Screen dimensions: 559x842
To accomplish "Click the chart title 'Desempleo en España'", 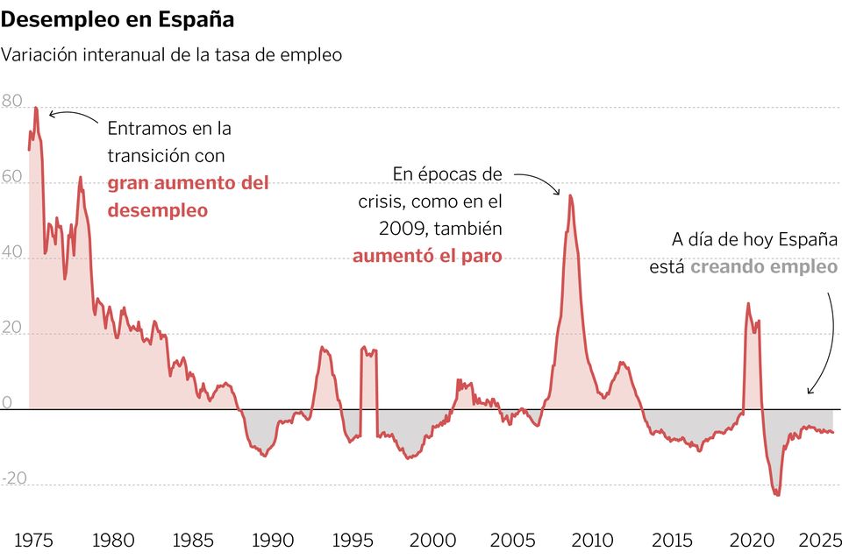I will click(118, 18).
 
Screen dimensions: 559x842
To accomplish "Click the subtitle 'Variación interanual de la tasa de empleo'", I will click(172, 54).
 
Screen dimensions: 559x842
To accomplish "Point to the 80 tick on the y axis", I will click(12, 102).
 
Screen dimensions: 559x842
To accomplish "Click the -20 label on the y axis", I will click(15, 478).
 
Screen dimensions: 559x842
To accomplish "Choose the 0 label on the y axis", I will click(7, 403).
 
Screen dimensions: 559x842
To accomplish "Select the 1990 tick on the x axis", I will click(272, 540).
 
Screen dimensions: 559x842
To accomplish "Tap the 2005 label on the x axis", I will click(512, 540).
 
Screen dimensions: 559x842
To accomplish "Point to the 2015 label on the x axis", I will click(672, 540).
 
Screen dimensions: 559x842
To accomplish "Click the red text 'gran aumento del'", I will click(188, 184).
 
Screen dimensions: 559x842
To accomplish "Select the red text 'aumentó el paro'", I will click(427, 256).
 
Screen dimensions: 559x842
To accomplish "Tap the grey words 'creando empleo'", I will click(764, 266).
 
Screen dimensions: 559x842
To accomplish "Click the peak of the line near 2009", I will click(571, 195).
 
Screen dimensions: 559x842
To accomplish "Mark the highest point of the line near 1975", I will click(36, 108).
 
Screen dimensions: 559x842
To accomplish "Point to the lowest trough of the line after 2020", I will click(777, 495).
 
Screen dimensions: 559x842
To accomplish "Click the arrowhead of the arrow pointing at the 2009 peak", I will click(559, 193).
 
